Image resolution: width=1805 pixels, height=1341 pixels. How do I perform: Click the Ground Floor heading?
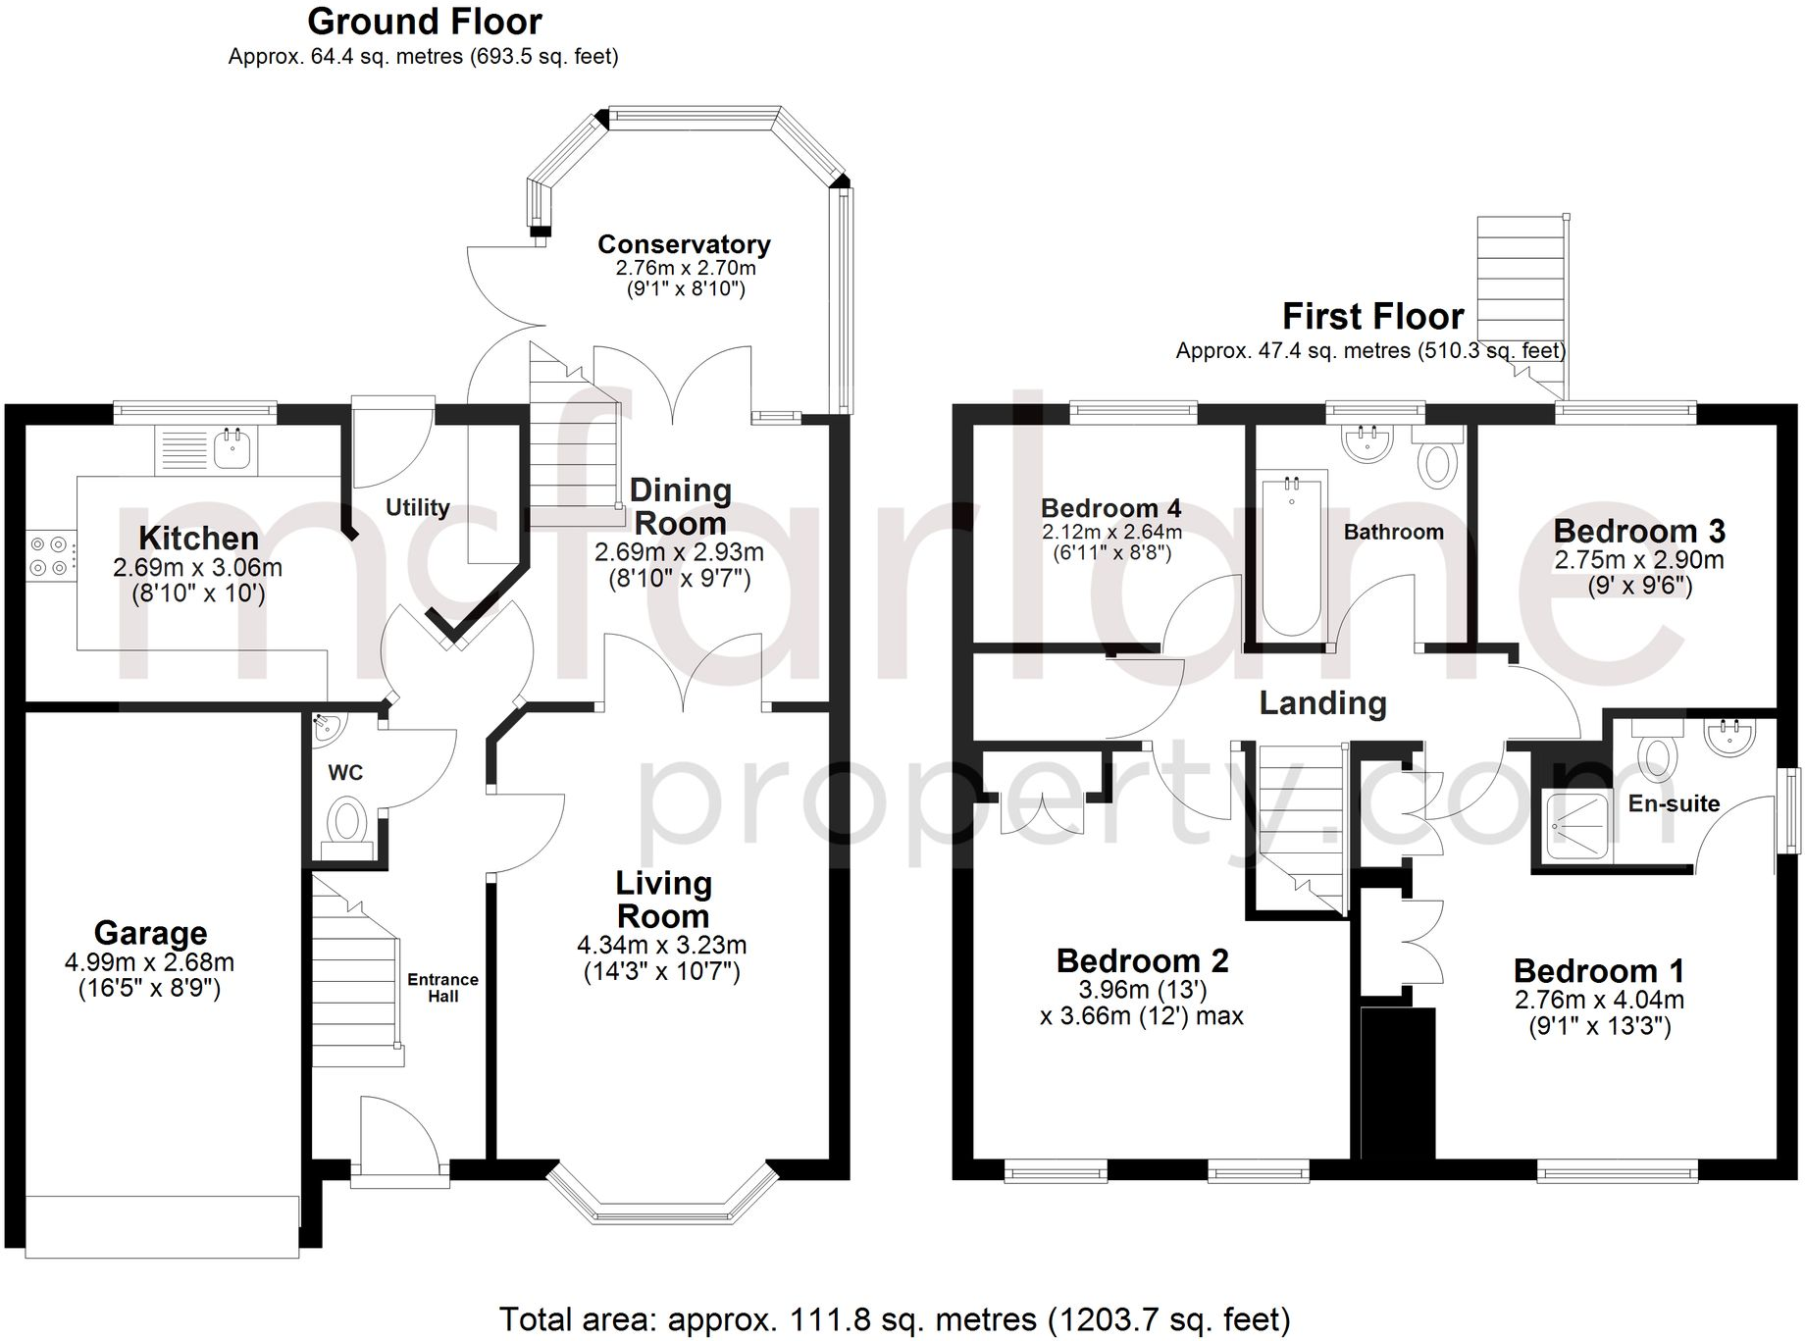click(424, 22)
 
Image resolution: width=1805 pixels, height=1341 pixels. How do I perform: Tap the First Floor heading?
click(1372, 317)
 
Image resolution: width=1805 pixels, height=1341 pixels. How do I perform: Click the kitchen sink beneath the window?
click(233, 450)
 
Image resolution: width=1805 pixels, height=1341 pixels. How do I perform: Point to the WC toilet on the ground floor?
click(345, 821)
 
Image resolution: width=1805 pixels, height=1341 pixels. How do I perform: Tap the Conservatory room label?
click(684, 244)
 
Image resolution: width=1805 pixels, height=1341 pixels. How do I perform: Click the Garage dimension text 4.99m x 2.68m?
click(149, 962)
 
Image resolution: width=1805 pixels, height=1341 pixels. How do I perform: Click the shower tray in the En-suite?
click(1575, 825)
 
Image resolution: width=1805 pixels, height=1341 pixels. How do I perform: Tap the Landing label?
click(1322, 702)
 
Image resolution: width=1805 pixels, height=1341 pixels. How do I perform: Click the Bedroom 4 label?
click(1110, 508)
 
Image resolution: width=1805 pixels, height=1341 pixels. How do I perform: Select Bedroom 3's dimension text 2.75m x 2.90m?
click(1638, 560)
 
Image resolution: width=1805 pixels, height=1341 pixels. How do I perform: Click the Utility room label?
click(417, 507)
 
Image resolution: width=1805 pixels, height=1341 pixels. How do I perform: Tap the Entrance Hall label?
click(442, 987)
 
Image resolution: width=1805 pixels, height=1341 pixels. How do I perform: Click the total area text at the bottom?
click(894, 1319)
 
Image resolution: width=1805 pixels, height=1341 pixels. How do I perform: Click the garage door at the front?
click(162, 1226)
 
